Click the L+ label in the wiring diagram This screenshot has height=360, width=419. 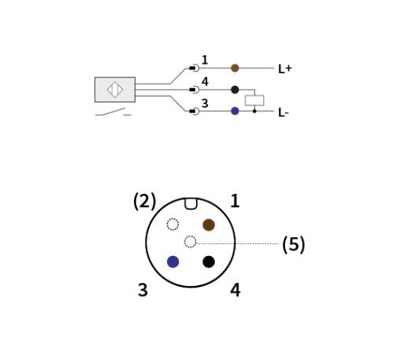click(x=285, y=69)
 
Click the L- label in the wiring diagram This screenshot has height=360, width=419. click(x=284, y=113)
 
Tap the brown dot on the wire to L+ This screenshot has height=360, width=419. click(x=235, y=69)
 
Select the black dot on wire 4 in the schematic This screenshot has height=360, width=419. click(x=235, y=90)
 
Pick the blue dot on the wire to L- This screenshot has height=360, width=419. click(x=235, y=111)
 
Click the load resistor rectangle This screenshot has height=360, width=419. click(x=254, y=100)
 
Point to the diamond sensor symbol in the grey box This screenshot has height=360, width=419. click(x=115, y=90)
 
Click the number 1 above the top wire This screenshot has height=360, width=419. click(x=205, y=60)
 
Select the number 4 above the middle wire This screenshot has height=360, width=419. click(x=205, y=81)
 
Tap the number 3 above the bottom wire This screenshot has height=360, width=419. click(x=205, y=103)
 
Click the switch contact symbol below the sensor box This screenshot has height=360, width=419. click(x=113, y=112)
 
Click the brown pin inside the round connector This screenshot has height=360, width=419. click(x=209, y=225)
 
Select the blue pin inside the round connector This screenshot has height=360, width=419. click(x=173, y=262)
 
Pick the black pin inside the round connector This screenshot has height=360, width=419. click(x=209, y=262)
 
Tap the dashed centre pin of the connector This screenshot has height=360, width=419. click(x=191, y=242)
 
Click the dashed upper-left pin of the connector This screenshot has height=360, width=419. click(x=173, y=225)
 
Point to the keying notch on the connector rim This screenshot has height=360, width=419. click(x=191, y=204)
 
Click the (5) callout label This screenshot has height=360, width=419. click(x=294, y=244)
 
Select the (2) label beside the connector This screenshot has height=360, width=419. click(x=145, y=201)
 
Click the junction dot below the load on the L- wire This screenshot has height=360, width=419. click(x=254, y=111)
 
